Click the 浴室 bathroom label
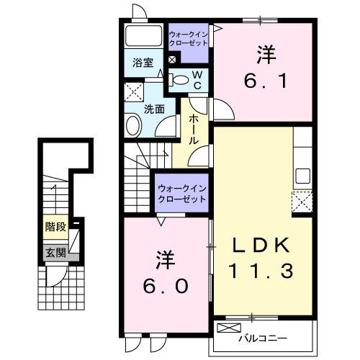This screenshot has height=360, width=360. click(x=142, y=63)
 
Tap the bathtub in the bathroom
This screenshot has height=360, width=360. click(x=144, y=37)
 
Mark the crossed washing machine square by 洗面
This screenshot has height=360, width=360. click(x=132, y=91)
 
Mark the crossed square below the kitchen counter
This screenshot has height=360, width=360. click(x=301, y=201)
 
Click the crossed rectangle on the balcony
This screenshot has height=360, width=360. click(x=229, y=328)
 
